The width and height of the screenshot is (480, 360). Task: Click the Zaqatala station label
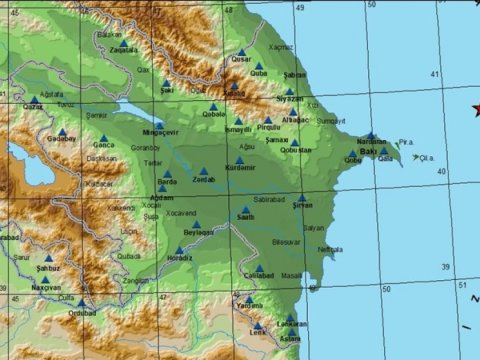click(x=124, y=48)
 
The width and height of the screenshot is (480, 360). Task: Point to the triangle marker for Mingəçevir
click(x=159, y=126)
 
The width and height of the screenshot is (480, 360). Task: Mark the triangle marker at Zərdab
click(x=204, y=171)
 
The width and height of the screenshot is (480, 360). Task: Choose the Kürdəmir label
click(x=241, y=166)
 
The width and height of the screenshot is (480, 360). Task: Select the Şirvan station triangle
click(x=302, y=197)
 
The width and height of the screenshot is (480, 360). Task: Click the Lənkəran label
click(x=292, y=325)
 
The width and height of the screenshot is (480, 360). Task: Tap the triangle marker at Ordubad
click(x=82, y=301)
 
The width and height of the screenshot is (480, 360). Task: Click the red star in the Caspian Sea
click(x=476, y=108)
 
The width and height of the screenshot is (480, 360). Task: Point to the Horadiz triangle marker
click(x=179, y=250)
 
